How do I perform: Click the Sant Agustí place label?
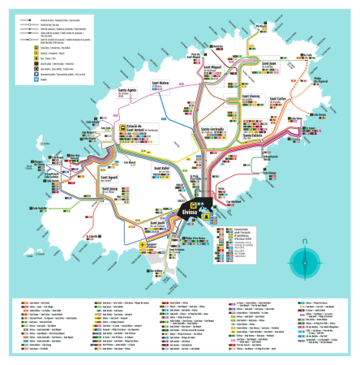tap(109, 177)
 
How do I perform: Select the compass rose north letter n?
tap(303, 242)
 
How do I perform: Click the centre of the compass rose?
tap(303, 264)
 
